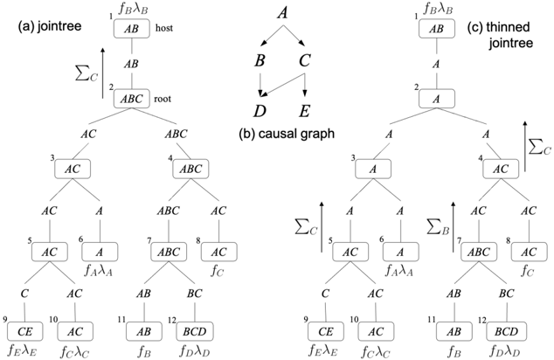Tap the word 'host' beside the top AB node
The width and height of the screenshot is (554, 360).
[164, 28]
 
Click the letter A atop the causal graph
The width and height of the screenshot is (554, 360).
[282, 12]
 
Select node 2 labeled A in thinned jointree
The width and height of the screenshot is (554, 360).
[434, 99]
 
